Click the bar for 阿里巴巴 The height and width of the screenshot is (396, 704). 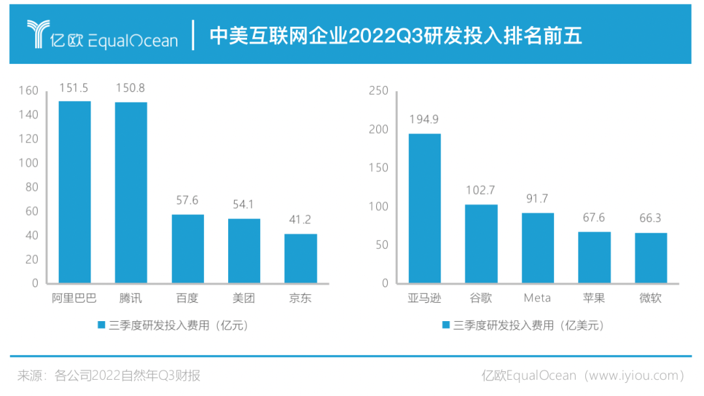75,192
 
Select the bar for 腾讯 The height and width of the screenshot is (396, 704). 131,193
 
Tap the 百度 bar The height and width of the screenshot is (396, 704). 188,249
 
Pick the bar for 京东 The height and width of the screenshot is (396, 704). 301,259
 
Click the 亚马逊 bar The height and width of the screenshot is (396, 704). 424,208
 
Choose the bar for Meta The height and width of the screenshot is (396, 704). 538,248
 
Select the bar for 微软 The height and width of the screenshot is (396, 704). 651,258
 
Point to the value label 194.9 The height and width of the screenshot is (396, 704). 424,120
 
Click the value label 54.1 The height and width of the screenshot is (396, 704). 244,205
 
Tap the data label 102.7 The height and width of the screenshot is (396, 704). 481,191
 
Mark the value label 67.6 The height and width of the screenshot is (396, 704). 594,218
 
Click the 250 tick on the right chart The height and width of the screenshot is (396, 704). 379,91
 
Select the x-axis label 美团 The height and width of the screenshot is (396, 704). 244,299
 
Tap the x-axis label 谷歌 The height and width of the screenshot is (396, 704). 481,298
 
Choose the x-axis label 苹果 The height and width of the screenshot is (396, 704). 594,298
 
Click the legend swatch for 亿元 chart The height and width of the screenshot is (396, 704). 101,324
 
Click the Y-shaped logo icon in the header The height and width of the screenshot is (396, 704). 38,34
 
